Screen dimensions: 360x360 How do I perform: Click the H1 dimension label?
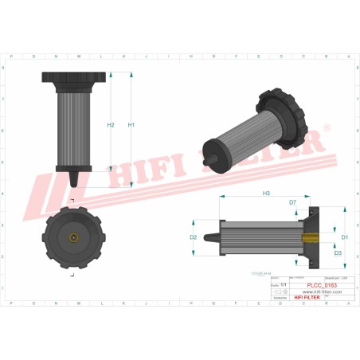click(131, 125)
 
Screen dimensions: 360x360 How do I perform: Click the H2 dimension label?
click(111, 125)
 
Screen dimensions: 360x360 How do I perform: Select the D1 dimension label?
click(345, 237)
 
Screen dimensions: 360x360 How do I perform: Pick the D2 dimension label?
click(193, 237)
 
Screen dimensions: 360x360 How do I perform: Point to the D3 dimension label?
click(338, 253)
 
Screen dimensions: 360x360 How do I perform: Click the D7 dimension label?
click(292, 203)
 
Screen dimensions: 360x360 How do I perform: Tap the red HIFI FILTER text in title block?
click(310, 297)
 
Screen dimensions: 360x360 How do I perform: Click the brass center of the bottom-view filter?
click(72, 237)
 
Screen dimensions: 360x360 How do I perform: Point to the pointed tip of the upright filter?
click(73, 183)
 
